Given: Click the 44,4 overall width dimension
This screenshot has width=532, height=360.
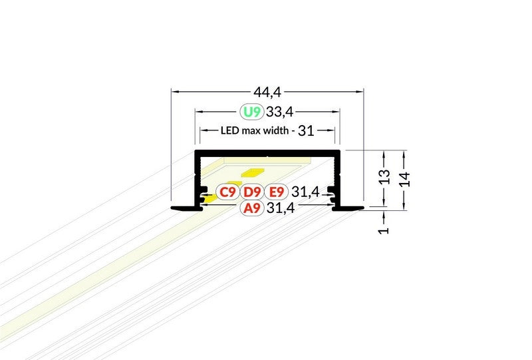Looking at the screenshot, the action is pyautogui.click(x=267, y=92).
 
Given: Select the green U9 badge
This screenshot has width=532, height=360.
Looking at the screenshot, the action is pyautogui.click(x=252, y=111).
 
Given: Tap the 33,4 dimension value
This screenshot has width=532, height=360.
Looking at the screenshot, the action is pyautogui.click(x=279, y=111).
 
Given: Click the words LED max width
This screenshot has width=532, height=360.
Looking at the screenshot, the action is pyautogui.click(x=255, y=130).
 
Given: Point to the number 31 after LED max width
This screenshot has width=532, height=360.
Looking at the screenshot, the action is pyautogui.click(x=306, y=130).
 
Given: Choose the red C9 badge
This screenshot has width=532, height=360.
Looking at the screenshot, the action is pyautogui.click(x=227, y=192).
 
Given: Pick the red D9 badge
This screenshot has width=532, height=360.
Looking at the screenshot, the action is pyautogui.click(x=252, y=192).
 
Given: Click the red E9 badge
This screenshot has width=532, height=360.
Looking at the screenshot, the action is pyautogui.click(x=276, y=192).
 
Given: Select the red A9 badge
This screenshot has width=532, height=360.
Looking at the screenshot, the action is pyautogui.click(x=252, y=208).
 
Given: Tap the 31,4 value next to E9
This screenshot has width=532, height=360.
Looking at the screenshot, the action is pyautogui.click(x=305, y=192).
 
